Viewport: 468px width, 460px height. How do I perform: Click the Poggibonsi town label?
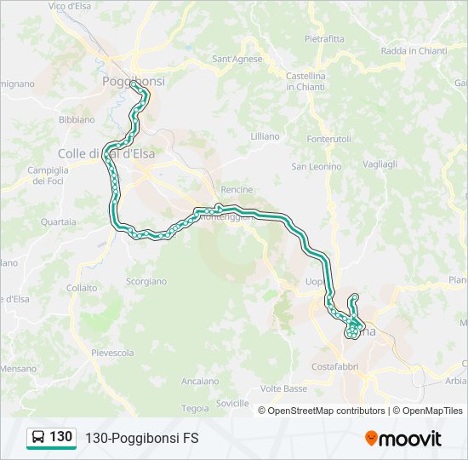134,81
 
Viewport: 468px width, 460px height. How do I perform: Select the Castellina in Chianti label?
305,81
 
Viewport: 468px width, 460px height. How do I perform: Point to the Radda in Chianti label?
414,51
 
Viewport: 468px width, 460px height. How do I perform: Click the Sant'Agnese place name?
237,60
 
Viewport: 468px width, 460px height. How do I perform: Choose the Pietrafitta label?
324,38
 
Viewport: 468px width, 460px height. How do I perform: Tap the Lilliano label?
265,136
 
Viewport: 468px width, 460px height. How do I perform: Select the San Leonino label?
317,166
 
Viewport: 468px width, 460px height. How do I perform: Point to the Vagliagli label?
380,164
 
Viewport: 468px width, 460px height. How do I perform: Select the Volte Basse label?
283,388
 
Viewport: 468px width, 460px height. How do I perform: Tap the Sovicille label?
232,403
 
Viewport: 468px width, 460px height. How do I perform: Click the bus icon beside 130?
38,437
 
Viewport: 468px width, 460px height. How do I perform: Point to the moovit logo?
403,439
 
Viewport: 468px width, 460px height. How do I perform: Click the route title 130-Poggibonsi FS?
141,438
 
